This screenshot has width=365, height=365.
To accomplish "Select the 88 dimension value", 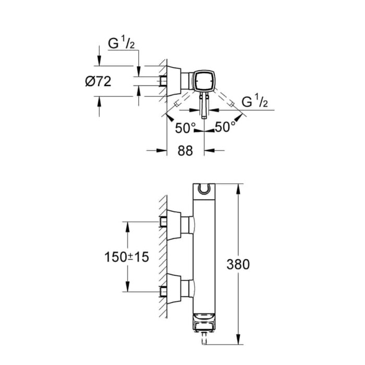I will (185, 151).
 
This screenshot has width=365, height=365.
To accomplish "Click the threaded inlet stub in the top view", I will (163, 81).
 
